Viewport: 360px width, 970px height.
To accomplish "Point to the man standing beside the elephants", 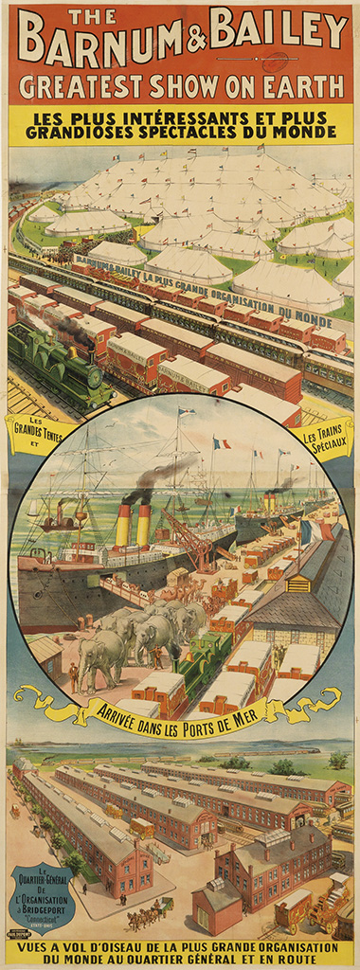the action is (x=74, y=675).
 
